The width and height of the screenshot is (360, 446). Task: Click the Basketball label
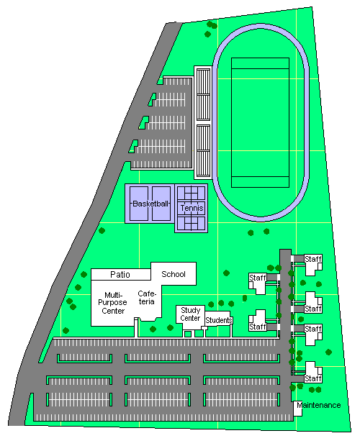(x=150, y=204)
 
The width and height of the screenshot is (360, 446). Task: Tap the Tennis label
(x=192, y=208)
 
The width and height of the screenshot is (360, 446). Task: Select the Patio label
(x=120, y=275)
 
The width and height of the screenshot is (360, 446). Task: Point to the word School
(x=174, y=274)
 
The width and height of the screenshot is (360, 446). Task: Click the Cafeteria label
(x=147, y=298)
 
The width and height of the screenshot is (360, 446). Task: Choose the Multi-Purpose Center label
(x=113, y=303)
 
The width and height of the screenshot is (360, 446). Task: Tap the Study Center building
(x=190, y=318)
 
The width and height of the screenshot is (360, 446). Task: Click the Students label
(x=219, y=320)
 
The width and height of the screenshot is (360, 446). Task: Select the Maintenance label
(x=319, y=405)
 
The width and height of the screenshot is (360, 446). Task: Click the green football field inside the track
(x=260, y=122)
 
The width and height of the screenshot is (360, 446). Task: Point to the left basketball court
(x=139, y=204)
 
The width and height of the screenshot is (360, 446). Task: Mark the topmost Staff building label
(x=313, y=259)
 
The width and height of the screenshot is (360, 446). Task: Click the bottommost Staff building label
(x=313, y=378)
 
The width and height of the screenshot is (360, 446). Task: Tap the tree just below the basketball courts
(x=102, y=231)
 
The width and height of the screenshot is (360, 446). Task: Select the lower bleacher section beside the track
(x=203, y=151)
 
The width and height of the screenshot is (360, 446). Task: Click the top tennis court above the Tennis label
(x=192, y=193)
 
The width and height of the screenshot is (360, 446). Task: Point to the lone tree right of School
(x=226, y=273)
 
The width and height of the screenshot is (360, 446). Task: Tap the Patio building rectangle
(x=121, y=275)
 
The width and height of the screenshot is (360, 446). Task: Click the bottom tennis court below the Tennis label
(x=192, y=223)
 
